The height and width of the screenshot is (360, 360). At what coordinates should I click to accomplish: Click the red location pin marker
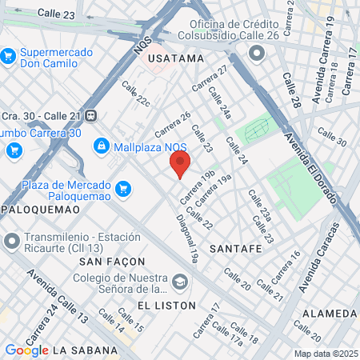[180, 165]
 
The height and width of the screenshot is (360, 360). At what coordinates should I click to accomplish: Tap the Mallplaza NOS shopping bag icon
[101, 146]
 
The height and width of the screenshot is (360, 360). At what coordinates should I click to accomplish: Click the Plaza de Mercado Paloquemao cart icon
[122, 189]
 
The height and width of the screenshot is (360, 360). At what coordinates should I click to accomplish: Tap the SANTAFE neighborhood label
[236, 249]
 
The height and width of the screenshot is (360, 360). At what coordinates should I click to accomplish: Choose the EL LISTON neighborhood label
[166, 306]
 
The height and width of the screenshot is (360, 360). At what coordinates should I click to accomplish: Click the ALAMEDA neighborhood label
[330, 312]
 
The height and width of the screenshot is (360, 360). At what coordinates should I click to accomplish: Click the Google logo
[26, 350]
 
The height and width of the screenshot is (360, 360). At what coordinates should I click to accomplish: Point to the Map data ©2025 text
[325, 353]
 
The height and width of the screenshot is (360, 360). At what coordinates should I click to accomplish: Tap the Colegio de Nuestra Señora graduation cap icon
[182, 281]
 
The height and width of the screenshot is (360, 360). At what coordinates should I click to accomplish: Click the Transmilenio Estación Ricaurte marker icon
[11, 240]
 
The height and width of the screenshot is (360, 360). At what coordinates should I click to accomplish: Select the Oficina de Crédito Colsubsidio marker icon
[257, 53]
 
